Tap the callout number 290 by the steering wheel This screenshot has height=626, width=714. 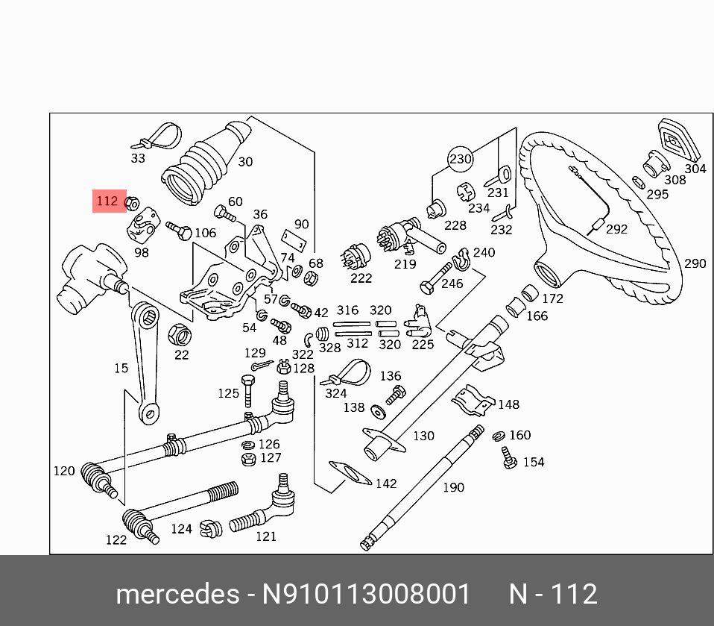click(x=694, y=263)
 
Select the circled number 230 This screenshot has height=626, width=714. click(x=461, y=159)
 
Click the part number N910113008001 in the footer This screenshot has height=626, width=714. click(x=366, y=595)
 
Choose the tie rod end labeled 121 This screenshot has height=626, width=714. click(x=261, y=513)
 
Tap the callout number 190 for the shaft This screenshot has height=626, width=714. click(x=453, y=487)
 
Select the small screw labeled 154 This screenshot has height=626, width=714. click(x=510, y=457)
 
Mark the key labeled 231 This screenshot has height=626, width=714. click(x=497, y=175)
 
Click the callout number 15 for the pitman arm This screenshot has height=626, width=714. click(x=121, y=368)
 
